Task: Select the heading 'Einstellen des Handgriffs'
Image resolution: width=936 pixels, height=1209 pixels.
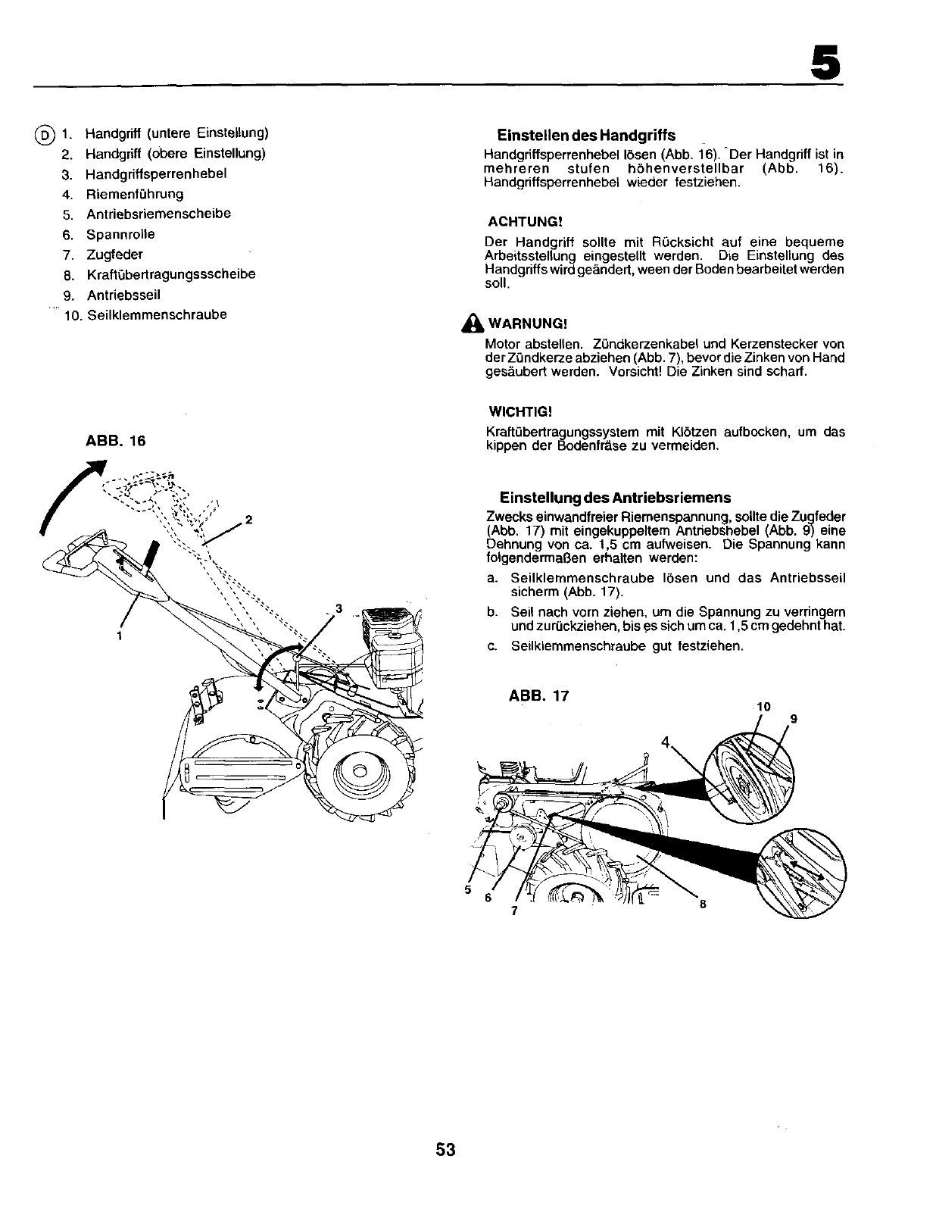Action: pyautogui.click(x=586, y=136)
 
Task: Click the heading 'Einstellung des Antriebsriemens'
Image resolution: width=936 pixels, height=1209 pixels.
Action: pyautogui.click(x=615, y=498)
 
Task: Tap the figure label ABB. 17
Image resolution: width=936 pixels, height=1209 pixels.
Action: pyautogui.click(x=538, y=695)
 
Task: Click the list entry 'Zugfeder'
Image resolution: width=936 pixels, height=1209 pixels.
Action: pyautogui.click(x=114, y=255)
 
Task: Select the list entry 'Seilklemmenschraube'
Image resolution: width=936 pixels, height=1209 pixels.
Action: pyautogui.click(x=156, y=315)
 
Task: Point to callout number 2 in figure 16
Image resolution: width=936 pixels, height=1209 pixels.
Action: pyautogui.click(x=248, y=520)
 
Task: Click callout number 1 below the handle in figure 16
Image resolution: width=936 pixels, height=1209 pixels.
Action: pyautogui.click(x=119, y=636)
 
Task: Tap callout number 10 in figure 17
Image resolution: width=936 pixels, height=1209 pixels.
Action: pyautogui.click(x=763, y=707)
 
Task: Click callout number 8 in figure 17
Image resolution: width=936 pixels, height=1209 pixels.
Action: pyautogui.click(x=702, y=904)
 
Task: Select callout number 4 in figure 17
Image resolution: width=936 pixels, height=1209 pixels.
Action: pyautogui.click(x=666, y=743)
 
